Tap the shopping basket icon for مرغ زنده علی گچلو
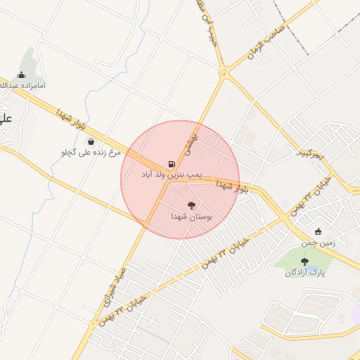pyautogui.click(x=91, y=141)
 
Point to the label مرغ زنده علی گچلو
pyautogui.click(x=91, y=152)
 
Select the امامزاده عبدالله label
pyautogui.click(x=22, y=86)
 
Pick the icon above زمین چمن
pyautogui.click(x=318, y=232)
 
